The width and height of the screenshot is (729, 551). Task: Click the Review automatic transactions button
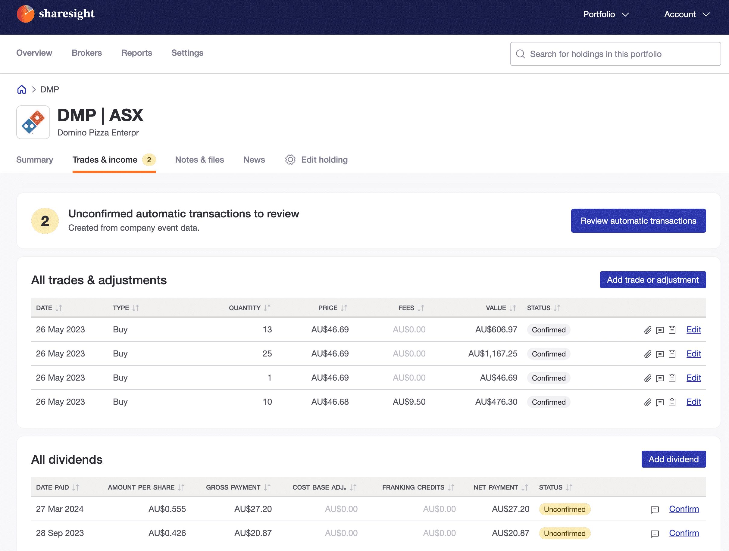[x=638, y=221]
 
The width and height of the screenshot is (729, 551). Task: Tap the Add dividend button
[x=673, y=459]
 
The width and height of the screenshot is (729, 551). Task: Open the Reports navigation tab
[x=136, y=53]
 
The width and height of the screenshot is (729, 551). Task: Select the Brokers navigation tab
[x=87, y=53]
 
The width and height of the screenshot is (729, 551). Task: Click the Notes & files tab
[x=199, y=160]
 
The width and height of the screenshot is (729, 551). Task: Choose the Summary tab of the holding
[x=35, y=160]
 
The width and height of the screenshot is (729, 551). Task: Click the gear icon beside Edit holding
[x=290, y=160]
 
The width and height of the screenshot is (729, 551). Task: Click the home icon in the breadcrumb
[x=22, y=90]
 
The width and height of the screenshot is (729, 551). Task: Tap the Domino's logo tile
[x=33, y=122]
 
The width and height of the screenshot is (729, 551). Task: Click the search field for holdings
[x=615, y=54]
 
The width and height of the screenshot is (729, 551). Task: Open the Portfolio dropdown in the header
[x=606, y=14]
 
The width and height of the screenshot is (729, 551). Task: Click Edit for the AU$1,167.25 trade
[x=693, y=354]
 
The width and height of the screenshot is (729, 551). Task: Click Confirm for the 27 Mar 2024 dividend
[x=684, y=509]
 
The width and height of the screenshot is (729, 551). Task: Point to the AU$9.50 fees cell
[x=409, y=402]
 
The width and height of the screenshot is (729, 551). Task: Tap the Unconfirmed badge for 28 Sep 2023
[x=564, y=533]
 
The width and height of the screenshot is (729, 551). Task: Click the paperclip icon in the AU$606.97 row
[x=648, y=330]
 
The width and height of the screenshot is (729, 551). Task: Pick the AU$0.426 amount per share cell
[x=167, y=533]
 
